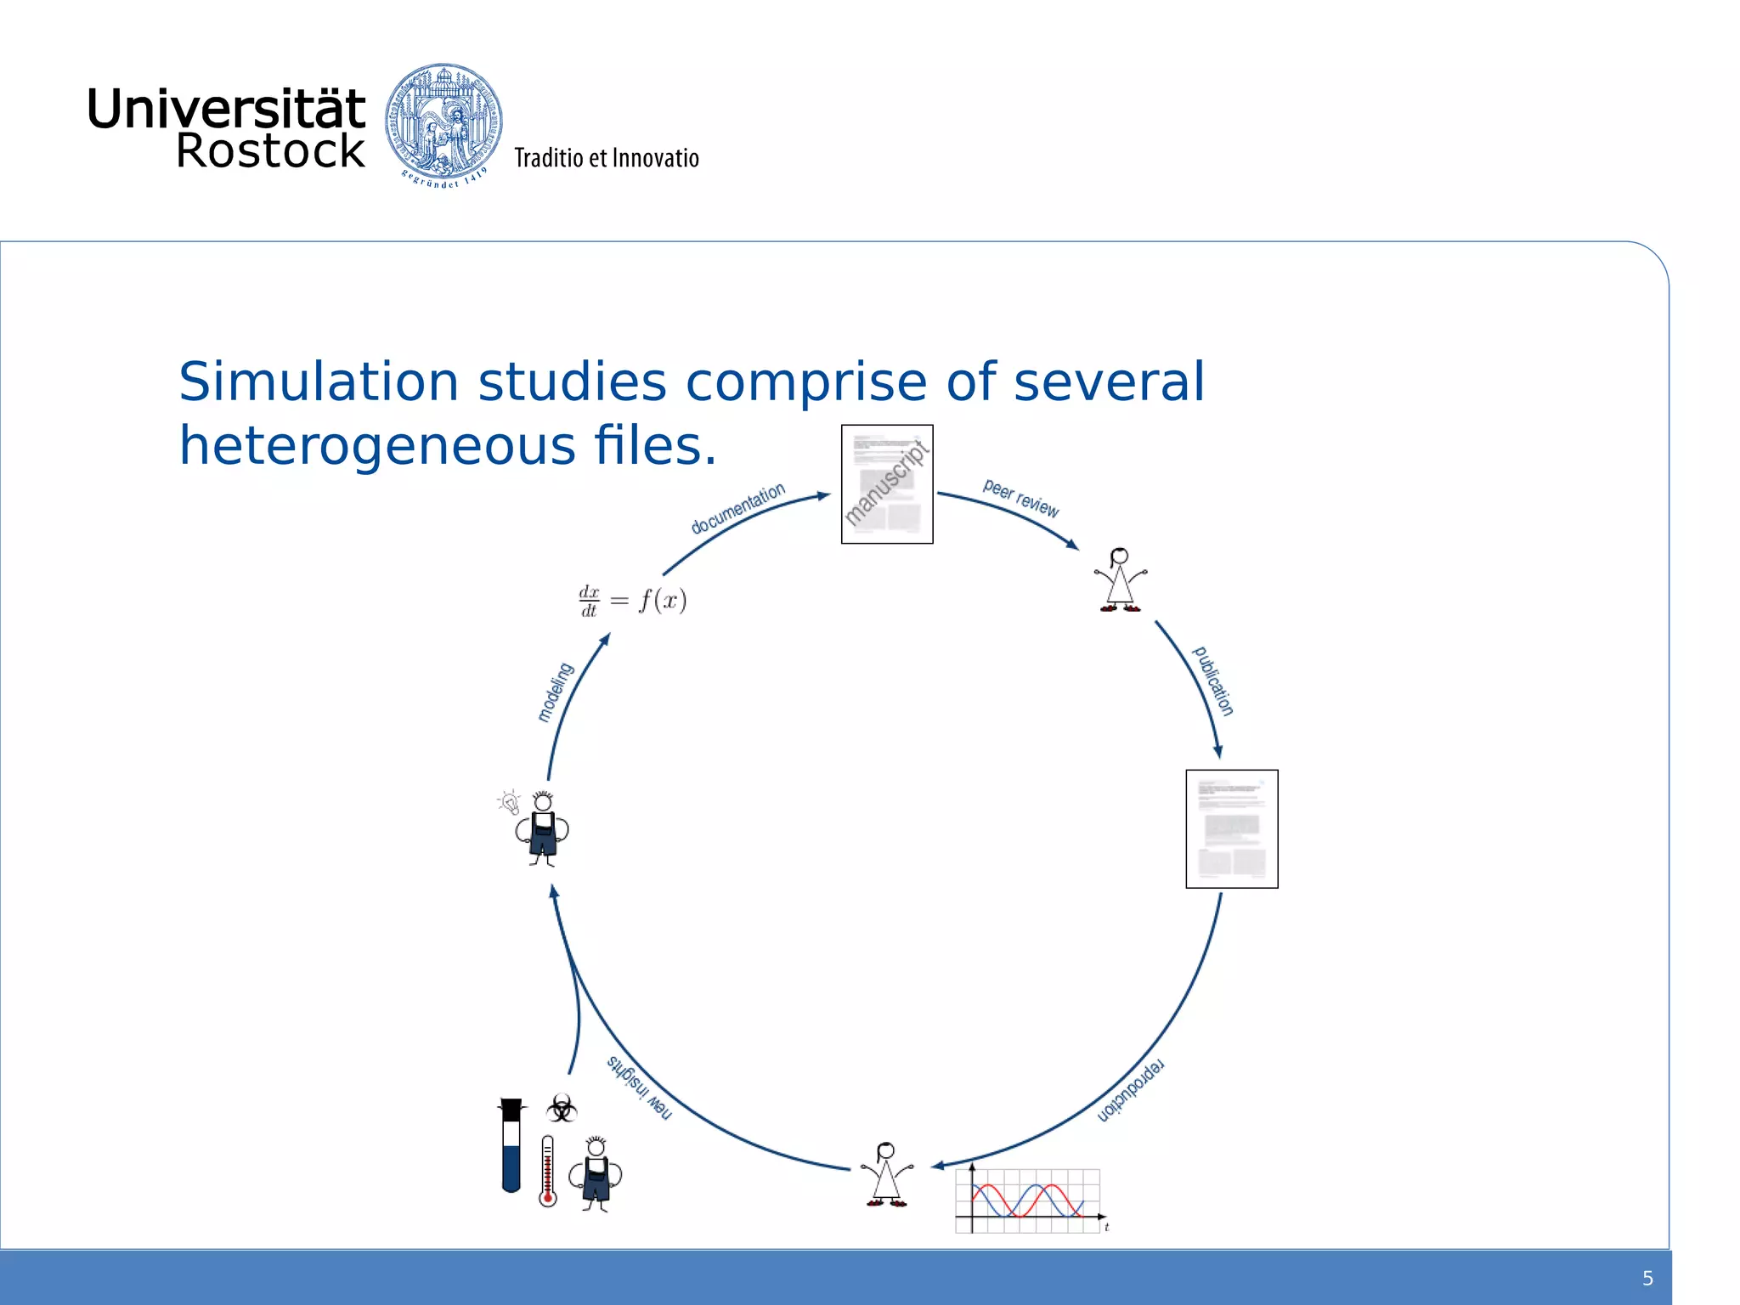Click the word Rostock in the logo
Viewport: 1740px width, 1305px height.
270,151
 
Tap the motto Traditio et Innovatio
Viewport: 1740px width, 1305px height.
606,158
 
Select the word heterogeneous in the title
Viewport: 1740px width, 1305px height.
377,445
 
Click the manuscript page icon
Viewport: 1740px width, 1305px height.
887,484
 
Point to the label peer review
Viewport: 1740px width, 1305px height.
1020,499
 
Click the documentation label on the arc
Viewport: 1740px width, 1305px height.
737,509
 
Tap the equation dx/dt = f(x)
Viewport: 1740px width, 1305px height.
632,601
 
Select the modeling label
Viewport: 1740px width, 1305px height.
556,692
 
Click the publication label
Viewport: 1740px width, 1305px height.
1213,681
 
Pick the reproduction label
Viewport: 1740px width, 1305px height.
1131,1091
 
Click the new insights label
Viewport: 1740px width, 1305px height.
639,1087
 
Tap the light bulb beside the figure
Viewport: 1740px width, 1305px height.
510,801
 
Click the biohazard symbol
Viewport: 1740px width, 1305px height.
562,1108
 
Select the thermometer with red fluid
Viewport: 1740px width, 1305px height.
548,1171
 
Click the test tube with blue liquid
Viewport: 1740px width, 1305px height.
511,1146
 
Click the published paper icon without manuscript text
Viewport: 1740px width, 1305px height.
1231,828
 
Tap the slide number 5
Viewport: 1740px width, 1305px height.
1647,1278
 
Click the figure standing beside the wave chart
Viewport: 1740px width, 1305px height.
886,1175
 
